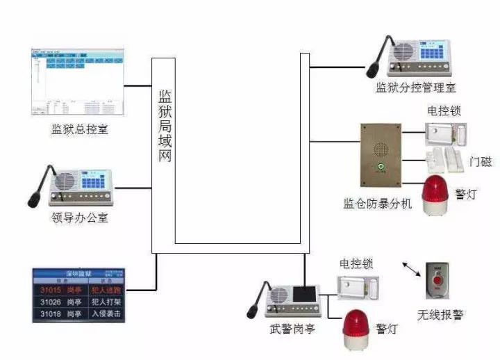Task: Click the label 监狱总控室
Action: (79, 129)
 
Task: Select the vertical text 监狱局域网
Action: (165, 125)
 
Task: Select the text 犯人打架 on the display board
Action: (106, 302)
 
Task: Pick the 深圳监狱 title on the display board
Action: (79, 272)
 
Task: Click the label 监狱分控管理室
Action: (415, 88)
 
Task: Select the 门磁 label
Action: (480, 162)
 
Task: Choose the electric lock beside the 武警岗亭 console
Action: (358, 287)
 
